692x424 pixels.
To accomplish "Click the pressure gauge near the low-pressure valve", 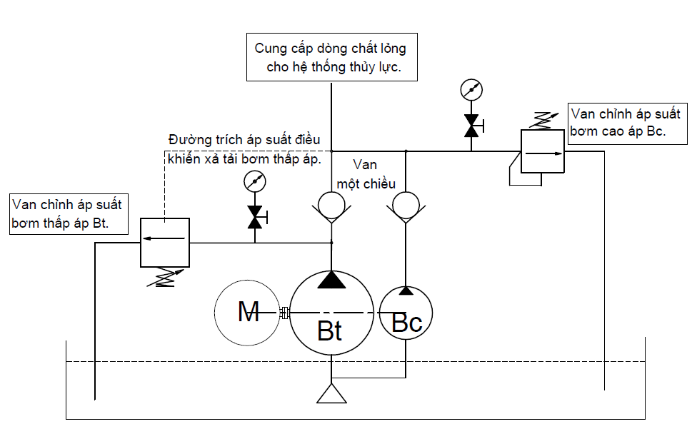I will point(254,182).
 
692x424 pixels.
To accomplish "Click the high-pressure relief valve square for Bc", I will point(542,151).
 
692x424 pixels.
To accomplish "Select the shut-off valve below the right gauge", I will point(471,126).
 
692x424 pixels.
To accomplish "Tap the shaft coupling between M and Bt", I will point(284,313).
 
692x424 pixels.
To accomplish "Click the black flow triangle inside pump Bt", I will point(331,280).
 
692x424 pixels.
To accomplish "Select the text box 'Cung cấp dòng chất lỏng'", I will point(331,58).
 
